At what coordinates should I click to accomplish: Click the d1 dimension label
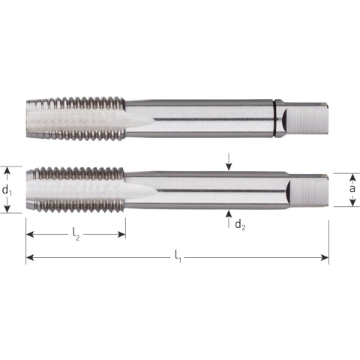pos(7,190)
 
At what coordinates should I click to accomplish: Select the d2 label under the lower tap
pos(238,225)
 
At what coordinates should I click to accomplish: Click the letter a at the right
pos(352,189)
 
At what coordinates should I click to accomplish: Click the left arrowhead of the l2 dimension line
pos(30,235)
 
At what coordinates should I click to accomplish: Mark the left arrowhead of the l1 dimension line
pos(30,258)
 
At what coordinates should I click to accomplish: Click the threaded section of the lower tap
pos(75,190)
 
